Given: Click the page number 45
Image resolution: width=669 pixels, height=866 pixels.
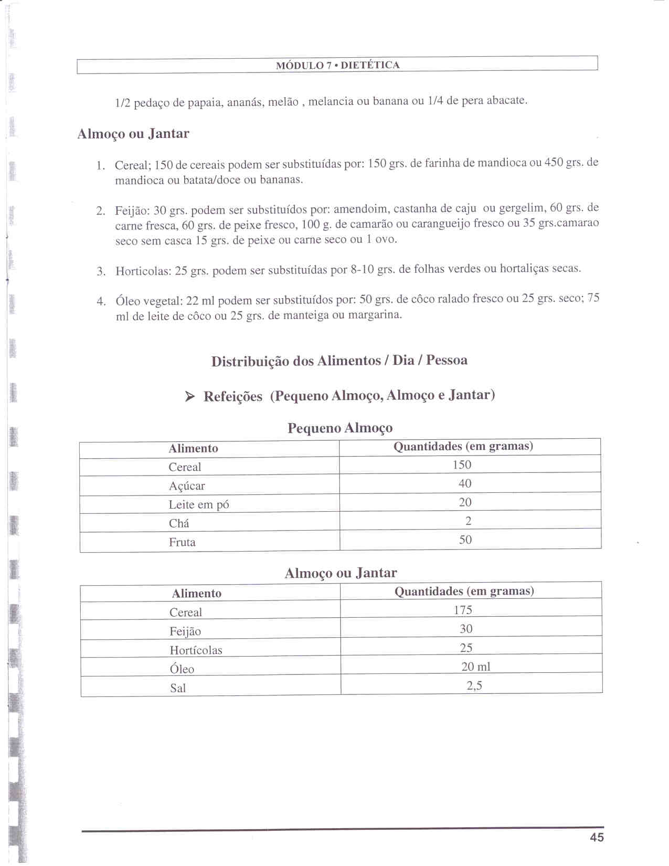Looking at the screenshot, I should click(x=597, y=837).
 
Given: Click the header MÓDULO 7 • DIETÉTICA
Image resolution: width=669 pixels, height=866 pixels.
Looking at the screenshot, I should click(x=337, y=66).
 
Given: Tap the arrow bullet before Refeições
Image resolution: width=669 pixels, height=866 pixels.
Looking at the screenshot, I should click(x=190, y=397).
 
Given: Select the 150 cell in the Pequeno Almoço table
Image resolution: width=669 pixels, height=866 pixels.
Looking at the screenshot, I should click(x=462, y=465).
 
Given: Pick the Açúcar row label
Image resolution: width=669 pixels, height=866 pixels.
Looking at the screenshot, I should click(x=187, y=486).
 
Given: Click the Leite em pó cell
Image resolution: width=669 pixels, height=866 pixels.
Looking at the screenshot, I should click(x=199, y=505).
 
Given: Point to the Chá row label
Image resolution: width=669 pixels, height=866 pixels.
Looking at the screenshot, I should click(x=179, y=523).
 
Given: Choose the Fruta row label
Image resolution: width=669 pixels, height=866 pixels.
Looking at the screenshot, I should click(x=182, y=542).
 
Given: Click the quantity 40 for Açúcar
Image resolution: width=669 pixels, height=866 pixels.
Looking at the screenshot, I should click(x=465, y=483).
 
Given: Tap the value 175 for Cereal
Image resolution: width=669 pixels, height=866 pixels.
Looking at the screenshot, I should click(x=463, y=610).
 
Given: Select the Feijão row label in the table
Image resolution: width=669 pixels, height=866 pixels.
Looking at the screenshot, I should click(x=185, y=631).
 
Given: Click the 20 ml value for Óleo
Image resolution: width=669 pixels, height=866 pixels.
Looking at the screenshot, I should click(x=476, y=667).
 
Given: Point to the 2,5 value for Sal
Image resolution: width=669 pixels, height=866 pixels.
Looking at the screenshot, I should click(x=474, y=685).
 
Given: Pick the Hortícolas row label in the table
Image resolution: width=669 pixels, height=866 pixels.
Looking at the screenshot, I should click(x=196, y=650).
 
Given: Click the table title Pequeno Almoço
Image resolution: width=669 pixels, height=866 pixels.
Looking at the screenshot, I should click(x=339, y=428).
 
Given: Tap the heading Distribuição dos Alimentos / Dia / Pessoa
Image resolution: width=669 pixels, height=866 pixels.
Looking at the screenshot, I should click(x=339, y=361).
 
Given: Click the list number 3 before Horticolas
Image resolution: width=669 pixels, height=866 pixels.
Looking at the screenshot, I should click(x=101, y=271).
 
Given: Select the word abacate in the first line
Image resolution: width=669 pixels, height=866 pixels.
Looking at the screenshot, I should click(x=506, y=100).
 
